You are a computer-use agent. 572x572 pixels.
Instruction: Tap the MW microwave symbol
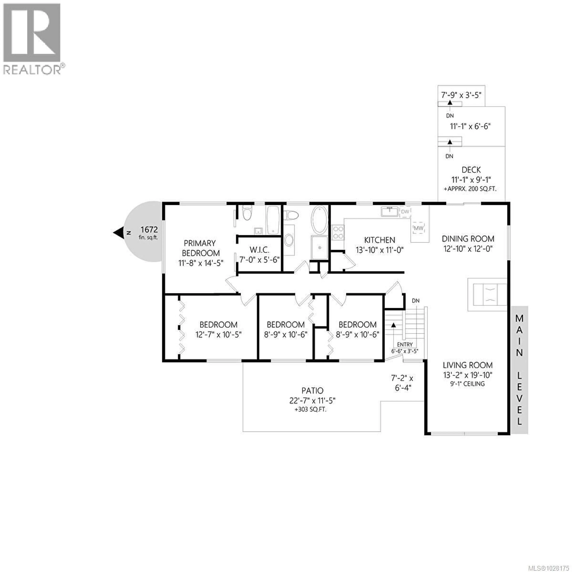click(x=418, y=228)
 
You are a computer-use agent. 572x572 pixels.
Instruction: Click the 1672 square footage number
click(x=149, y=229)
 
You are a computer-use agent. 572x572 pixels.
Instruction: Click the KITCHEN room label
click(x=380, y=240)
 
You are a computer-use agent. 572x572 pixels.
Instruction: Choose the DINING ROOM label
click(x=468, y=239)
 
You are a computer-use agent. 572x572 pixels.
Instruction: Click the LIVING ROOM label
click(x=467, y=365)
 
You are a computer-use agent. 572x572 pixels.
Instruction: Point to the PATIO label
click(x=312, y=391)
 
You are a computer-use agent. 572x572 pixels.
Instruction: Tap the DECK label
click(x=471, y=170)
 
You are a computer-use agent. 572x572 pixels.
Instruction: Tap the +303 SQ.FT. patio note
click(x=310, y=410)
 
